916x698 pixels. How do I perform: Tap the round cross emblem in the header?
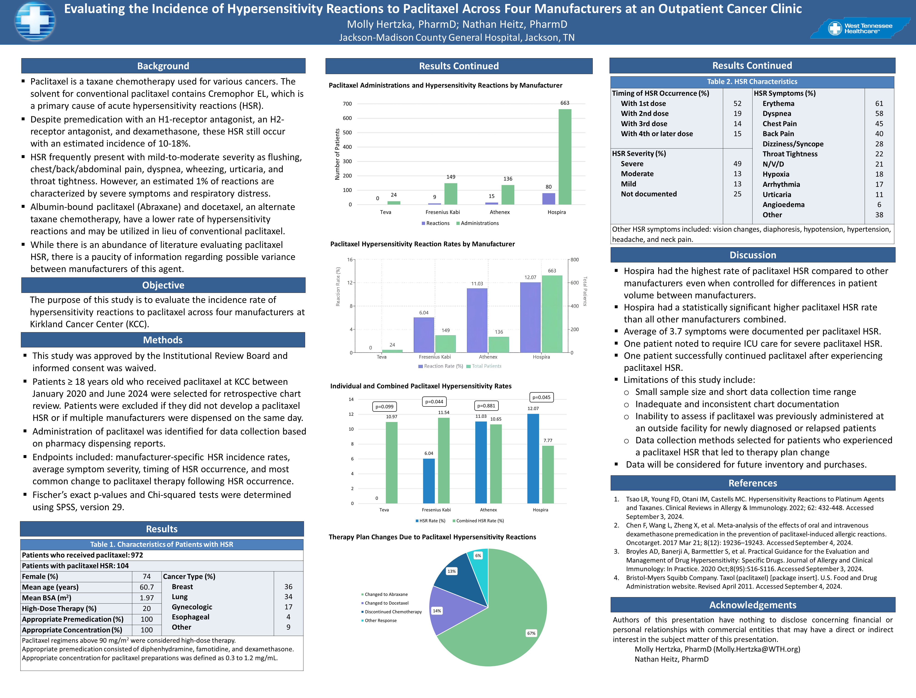(x=35, y=22)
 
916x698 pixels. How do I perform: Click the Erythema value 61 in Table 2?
(x=879, y=103)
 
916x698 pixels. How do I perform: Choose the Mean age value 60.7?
(x=147, y=587)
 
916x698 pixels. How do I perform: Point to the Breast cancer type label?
(x=182, y=587)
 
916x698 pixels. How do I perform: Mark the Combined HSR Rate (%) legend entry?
(x=480, y=521)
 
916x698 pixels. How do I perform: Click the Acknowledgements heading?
(x=752, y=605)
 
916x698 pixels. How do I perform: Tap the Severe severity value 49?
(x=737, y=164)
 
